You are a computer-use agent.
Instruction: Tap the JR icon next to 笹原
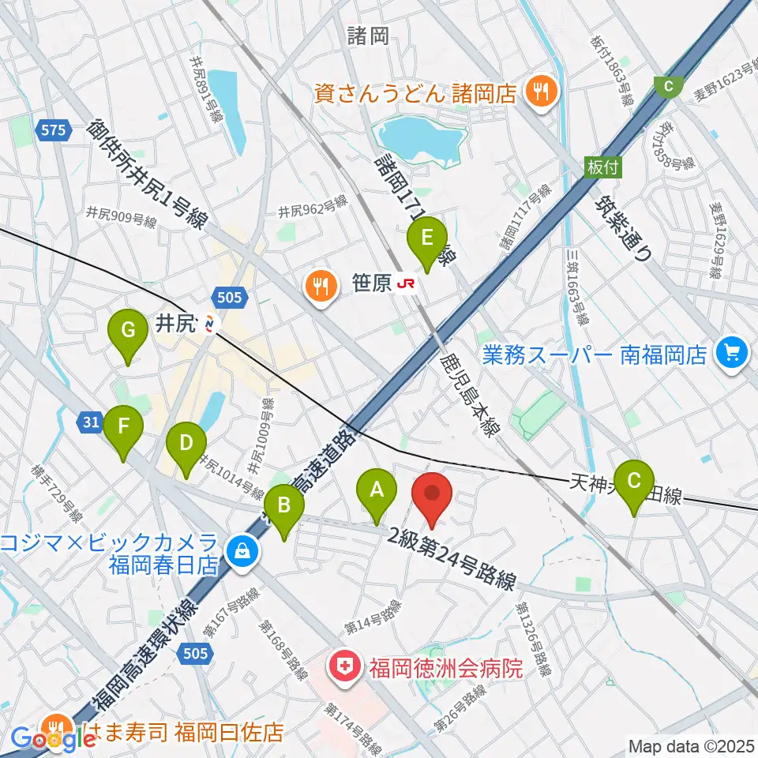coord(407,283)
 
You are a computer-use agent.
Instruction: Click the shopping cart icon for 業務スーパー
coord(730,353)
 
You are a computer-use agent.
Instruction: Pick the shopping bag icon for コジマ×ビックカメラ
coord(239,551)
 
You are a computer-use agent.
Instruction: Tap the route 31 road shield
coord(91,423)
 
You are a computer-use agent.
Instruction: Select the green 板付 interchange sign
coord(604,167)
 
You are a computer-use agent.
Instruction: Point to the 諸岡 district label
coord(368,35)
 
